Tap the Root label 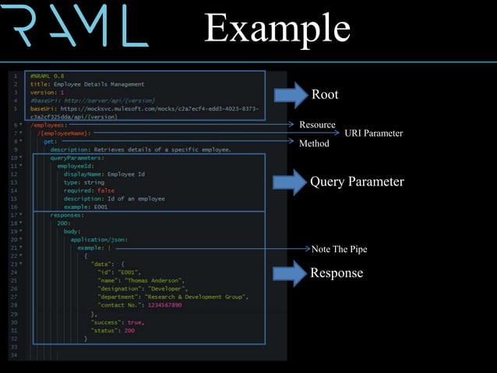(x=325, y=95)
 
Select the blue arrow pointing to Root (x=291, y=94)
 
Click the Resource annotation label (x=317, y=125)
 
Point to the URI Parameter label (x=373, y=133)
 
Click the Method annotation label (x=315, y=144)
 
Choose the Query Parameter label (x=357, y=182)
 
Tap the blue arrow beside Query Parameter (x=289, y=182)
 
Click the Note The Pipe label (x=339, y=249)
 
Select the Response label (x=337, y=272)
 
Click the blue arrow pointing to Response (x=289, y=272)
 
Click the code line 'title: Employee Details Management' (x=87, y=84)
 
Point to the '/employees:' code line (x=49, y=125)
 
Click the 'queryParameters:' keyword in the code (x=77, y=158)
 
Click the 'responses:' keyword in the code (x=69, y=215)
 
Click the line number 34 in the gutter (x=15, y=355)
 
